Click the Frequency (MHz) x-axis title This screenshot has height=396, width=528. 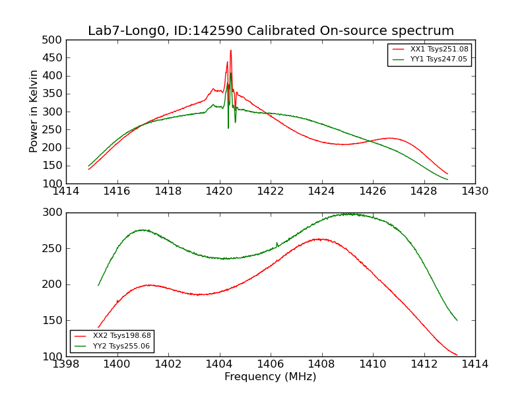tap(271, 377)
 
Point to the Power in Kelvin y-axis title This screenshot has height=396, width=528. tap(34, 112)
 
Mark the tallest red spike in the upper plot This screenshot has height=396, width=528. tap(230, 50)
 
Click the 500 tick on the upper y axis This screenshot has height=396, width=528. tap(55, 40)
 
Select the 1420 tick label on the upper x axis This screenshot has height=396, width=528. tap(219, 191)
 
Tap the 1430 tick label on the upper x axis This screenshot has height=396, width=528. tap(475, 191)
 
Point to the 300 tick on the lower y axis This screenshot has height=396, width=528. tap(55, 213)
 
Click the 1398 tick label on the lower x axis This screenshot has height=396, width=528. tap(66, 364)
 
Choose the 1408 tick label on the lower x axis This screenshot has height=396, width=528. tap(321, 364)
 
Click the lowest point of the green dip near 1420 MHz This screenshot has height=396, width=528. tap(228, 127)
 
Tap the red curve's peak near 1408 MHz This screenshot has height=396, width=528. tap(321, 239)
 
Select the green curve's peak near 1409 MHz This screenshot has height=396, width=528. tap(347, 214)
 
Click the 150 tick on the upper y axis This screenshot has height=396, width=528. tap(55, 166)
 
